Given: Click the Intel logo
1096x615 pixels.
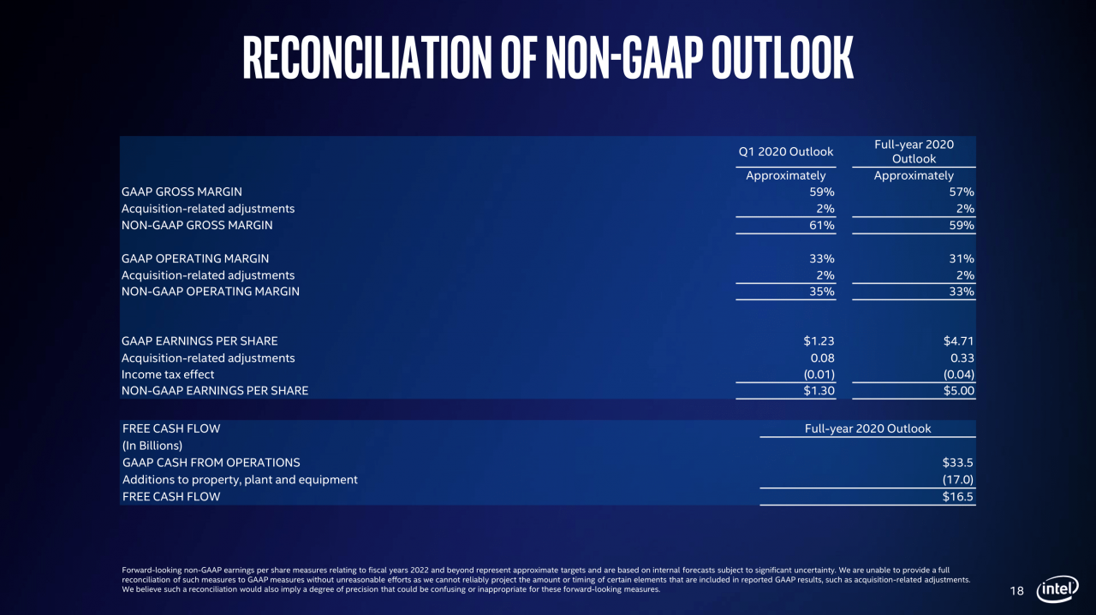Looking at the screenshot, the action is click(1057, 589).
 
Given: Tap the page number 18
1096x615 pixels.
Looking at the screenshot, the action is click(1016, 591).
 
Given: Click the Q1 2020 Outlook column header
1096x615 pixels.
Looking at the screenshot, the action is click(785, 151).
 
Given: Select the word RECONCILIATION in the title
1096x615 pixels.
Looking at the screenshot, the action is click(367, 57).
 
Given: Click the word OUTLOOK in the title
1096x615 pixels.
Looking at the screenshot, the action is click(783, 57).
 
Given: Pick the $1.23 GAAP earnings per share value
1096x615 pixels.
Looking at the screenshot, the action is click(819, 340).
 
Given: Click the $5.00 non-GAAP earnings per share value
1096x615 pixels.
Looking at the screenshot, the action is click(958, 391).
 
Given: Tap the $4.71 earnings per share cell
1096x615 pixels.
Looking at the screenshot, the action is click(958, 340).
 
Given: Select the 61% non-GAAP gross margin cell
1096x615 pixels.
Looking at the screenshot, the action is click(821, 225).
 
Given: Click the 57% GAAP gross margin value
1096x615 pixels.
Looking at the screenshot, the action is click(962, 192).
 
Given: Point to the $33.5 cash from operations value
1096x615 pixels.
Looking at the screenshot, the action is click(957, 463).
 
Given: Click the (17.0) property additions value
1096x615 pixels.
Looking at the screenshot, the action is click(957, 480).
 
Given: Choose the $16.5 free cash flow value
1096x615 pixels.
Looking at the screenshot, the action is click(957, 497).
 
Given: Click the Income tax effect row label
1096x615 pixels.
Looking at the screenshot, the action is click(168, 375).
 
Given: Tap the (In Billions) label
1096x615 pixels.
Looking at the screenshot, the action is click(152, 446).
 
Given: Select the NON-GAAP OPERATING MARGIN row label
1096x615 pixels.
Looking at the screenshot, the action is click(211, 292).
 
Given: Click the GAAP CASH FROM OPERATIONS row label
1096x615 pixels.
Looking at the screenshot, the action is click(211, 463).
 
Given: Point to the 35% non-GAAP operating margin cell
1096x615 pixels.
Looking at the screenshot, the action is click(821, 292).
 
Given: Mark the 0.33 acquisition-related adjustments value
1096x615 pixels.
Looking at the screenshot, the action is click(962, 358).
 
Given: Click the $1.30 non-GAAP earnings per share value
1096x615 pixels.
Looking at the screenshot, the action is click(819, 391).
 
